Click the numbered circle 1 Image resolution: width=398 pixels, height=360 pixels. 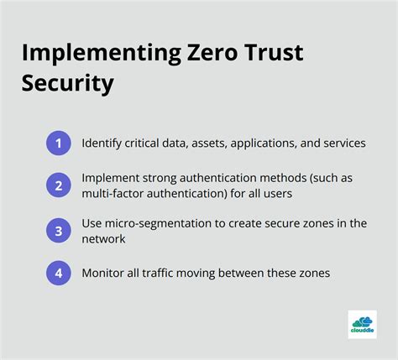[x=58, y=143]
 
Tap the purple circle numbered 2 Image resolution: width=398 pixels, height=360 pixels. [x=58, y=184]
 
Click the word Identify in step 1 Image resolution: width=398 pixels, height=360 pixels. [x=102, y=143]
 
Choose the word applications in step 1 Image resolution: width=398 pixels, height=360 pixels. [x=249, y=143]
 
